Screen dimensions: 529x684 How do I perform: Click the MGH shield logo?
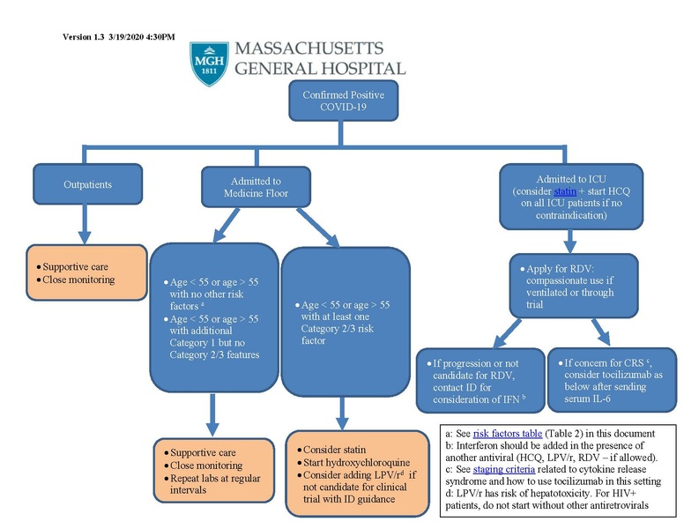point(209,63)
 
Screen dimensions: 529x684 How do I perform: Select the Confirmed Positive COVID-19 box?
point(343,101)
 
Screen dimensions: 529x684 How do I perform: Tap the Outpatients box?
point(88,185)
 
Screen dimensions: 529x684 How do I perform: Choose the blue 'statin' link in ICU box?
point(565,191)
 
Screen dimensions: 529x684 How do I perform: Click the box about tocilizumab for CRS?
point(608,380)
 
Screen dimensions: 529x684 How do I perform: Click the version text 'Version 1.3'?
point(84,36)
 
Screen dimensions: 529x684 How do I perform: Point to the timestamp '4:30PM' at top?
point(158,36)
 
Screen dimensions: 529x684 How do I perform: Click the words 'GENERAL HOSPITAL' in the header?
point(320,68)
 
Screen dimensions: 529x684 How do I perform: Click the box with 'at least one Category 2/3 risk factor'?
point(346,322)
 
